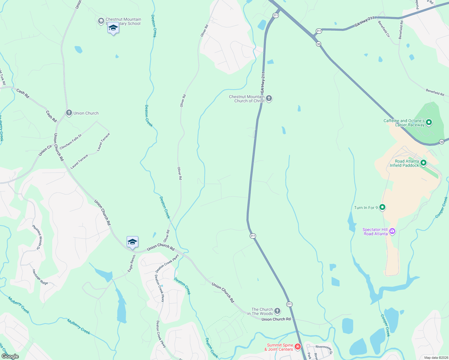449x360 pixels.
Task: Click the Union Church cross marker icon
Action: (69, 113)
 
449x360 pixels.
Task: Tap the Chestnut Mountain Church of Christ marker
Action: (269, 98)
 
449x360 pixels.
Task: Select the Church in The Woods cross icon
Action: (277, 311)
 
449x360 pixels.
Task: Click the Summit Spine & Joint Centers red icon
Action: (298, 347)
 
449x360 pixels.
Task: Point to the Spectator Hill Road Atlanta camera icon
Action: (392, 231)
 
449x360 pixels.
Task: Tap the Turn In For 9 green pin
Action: (382, 207)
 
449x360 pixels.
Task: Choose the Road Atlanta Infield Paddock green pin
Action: (423, 163)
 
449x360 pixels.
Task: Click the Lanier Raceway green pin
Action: (429, 122)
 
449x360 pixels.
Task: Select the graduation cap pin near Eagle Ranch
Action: (132, 242)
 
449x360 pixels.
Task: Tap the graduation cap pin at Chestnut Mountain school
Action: (113, 28)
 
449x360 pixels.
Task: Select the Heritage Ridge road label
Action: (40, 277)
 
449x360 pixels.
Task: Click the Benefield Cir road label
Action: (384, 29)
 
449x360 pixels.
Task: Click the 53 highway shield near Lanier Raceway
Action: (441, 142)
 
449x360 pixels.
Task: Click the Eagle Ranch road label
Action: (132, 264)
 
